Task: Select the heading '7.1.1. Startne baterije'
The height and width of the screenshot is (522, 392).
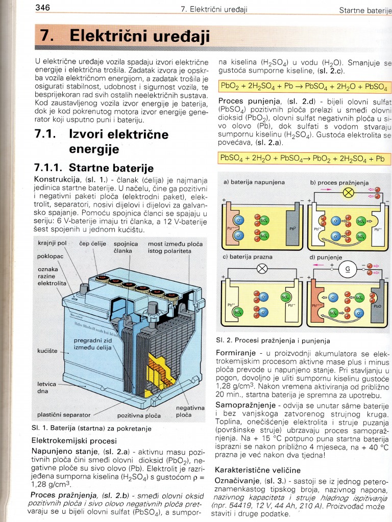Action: (93, 168)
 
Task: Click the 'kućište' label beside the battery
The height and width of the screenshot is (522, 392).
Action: (47, 351)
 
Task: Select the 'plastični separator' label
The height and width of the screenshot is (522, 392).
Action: (64, 414)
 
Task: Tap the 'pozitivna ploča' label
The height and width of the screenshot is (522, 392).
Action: (138, 415)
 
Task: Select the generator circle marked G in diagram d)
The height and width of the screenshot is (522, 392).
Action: (349, 269)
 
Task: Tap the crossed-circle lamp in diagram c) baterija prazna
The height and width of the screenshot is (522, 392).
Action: (262, 269)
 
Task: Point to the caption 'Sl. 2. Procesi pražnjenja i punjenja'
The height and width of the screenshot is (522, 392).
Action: (273, 340)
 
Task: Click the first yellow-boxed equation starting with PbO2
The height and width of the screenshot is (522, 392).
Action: (304, 86)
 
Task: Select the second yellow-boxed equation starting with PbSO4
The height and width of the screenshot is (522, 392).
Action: (304, 159)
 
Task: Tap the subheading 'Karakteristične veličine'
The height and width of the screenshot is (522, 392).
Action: (258, 469)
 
